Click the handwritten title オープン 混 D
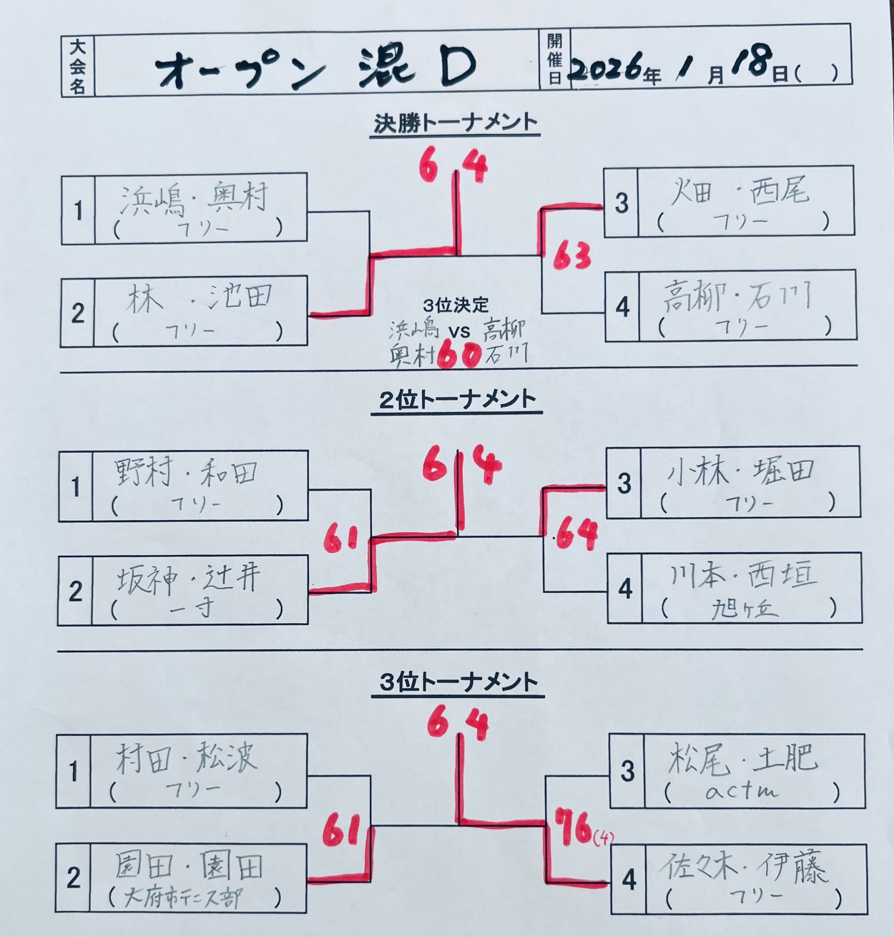(315, 68)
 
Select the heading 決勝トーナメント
(455, 123)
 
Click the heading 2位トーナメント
(458, 400)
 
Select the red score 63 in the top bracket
(573, 255)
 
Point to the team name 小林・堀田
(740, 471)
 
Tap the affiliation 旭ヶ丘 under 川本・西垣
(744, 609)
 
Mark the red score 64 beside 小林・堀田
(576, 533)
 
